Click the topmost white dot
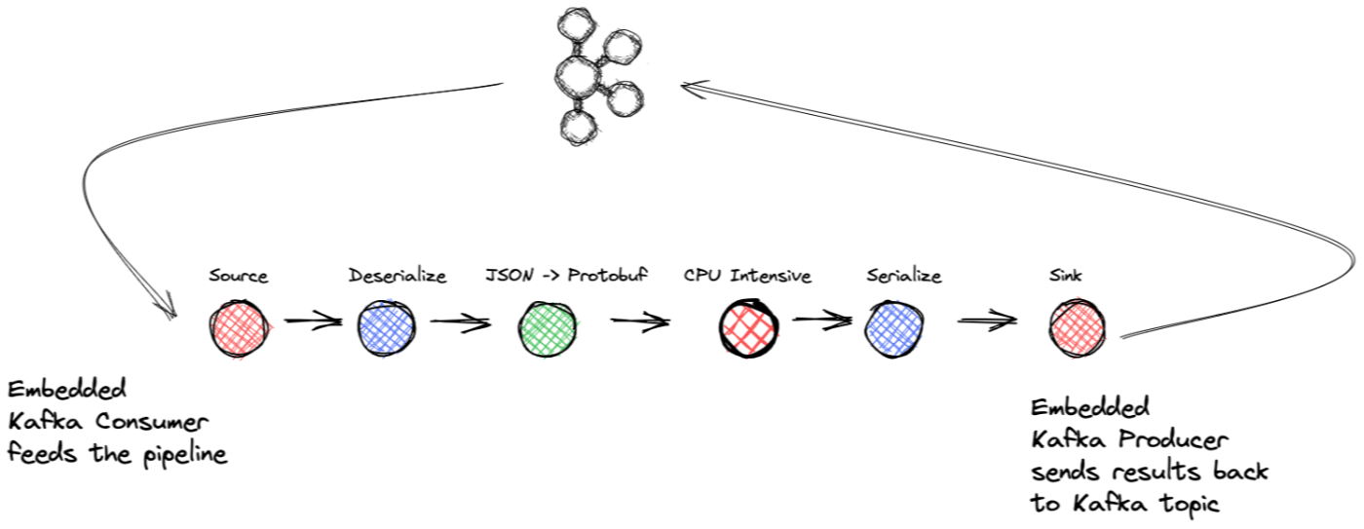576,25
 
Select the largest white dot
578,76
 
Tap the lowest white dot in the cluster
579,128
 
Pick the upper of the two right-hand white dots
621,48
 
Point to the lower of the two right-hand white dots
625,100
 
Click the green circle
548,330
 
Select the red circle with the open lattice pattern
748,330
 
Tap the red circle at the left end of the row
239,329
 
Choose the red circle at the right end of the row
1077,329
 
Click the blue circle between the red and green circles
386,329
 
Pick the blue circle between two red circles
893,329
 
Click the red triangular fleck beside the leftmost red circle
271,326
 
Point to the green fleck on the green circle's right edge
578,321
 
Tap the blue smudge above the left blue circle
389,300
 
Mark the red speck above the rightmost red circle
1078,297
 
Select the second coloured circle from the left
386,329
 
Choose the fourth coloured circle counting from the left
748,330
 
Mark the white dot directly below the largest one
579,128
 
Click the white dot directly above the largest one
576,25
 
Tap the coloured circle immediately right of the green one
748,330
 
